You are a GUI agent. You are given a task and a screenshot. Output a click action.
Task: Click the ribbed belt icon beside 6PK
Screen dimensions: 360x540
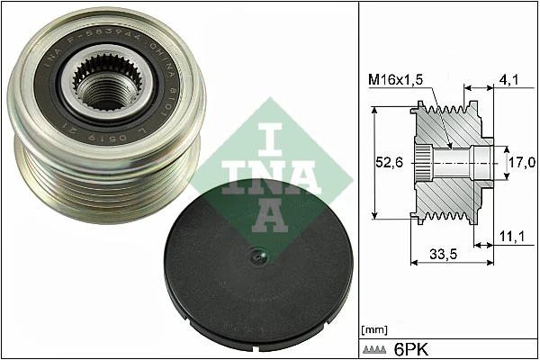[x=376, y=347]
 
